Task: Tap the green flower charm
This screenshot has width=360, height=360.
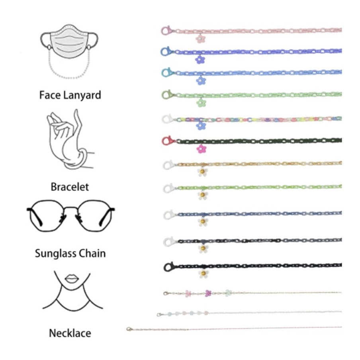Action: tap(202, 103)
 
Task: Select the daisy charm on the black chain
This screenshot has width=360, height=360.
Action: tap(203, 274)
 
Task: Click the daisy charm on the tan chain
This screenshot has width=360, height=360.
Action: tap(202, 172)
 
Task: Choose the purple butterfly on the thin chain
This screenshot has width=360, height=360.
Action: tap(207, 294)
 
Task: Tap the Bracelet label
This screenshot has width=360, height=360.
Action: tap(70, 186)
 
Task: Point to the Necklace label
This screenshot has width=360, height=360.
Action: tap(70, 333)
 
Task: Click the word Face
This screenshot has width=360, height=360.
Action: tap(47, 96)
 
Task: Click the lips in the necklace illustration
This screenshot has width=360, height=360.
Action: tap(72, 279)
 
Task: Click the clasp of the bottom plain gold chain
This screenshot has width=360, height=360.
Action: tap(129, 329)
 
